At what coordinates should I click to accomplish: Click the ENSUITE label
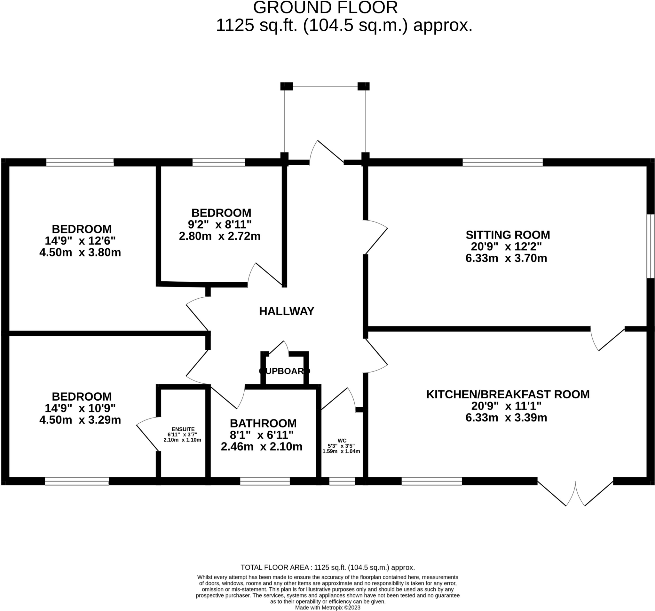[183, 429]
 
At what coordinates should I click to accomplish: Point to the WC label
[342, 441]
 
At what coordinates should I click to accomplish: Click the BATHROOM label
[263, 423]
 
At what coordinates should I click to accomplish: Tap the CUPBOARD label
[284, 371]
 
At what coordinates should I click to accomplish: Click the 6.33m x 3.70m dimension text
[506, 258]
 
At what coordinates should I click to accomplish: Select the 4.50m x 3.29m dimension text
[80, 420]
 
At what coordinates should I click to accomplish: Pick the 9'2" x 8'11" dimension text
[220, 225]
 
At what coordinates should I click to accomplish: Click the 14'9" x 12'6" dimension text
[80, 241]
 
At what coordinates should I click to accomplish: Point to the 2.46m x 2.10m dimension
[261, 447]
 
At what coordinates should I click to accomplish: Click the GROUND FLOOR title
[325, 8]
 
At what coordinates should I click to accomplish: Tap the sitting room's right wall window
[650, 247]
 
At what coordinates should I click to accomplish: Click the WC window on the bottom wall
[342, 481]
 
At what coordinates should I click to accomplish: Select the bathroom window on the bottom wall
[265, 481]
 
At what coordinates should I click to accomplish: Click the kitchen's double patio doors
[575, 492]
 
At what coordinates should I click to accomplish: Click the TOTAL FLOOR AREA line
[327, 568]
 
